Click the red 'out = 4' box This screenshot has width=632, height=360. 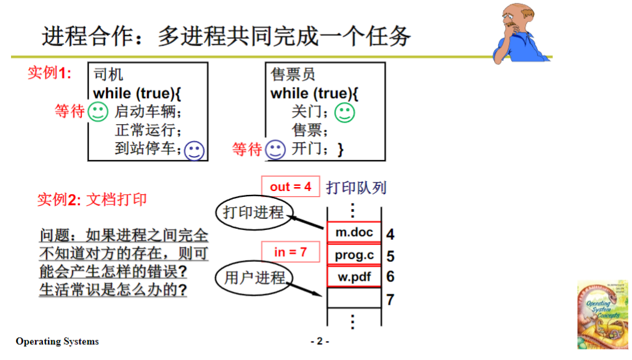(290, 186)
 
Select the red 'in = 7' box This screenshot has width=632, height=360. (290, 251)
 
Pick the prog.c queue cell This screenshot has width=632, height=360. (354, 255)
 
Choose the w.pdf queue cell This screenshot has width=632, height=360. (354, 277)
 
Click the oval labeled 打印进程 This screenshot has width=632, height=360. (254, 212)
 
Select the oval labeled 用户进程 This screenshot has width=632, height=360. (254, 277)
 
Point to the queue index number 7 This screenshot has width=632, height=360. (390, 300)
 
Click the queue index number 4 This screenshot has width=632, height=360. (390, 234)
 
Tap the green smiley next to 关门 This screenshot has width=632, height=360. (345, 112)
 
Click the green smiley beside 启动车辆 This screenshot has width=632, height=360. (98, 112)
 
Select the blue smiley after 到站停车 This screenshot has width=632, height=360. (194, 150)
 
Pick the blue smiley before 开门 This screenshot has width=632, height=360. (276, 150)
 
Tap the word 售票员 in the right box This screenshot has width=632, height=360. (293, 74)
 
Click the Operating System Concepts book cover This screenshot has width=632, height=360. (602, 315)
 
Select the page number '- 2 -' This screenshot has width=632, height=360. (320, 341)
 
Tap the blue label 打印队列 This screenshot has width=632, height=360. (356, 188)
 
